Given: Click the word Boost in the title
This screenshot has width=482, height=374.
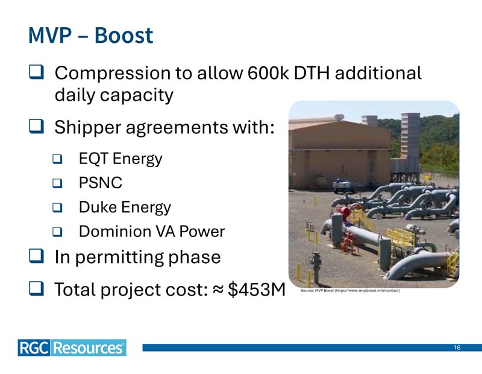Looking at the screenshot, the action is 124,36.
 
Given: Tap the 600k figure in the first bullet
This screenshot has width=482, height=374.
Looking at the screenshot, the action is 268,73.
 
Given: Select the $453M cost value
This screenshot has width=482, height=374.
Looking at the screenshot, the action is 257,290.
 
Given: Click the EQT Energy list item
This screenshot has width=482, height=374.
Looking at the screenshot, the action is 120,159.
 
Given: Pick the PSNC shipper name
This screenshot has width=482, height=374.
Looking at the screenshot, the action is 101,183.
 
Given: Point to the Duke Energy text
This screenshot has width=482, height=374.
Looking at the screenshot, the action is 125,207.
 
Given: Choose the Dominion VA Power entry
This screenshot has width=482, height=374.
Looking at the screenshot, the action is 152,232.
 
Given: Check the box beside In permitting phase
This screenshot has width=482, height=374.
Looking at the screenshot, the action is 37,256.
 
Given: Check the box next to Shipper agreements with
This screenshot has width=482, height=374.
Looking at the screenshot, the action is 37,126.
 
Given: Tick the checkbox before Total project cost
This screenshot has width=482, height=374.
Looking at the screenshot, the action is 37,288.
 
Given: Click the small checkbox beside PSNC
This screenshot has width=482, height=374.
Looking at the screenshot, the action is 57,183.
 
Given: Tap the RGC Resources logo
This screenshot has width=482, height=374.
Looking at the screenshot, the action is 72,348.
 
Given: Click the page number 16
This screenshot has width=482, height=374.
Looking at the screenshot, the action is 457,347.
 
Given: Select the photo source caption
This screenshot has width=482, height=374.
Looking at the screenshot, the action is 350,290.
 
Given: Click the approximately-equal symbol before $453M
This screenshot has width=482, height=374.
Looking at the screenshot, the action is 218,290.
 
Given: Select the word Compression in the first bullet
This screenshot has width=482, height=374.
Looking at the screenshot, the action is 113,74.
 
